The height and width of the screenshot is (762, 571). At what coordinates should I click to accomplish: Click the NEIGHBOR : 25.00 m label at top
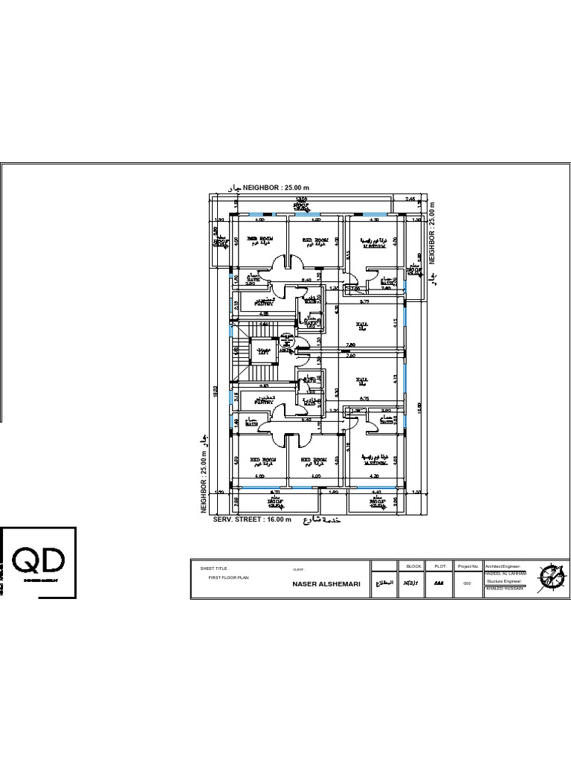275,188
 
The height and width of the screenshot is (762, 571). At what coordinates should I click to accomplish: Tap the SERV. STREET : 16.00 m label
253,519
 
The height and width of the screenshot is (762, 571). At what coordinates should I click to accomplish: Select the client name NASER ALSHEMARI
326,584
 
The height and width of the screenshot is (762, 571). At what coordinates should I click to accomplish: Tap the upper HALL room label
362,325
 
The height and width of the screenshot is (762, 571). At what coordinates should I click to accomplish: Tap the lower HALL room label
362,380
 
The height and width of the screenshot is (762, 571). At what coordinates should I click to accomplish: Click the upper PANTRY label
264,303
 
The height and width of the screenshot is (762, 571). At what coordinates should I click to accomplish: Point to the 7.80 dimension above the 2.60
352,345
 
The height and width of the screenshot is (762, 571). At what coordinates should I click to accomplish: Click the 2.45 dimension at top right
410,199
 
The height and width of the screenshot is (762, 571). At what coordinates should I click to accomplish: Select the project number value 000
468,583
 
